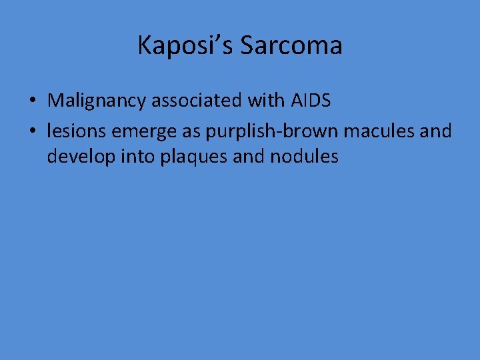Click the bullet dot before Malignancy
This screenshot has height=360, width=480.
(x=32, y=101)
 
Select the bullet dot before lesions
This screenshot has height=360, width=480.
(x=32, y=130)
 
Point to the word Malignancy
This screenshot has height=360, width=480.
(x=97, y=101)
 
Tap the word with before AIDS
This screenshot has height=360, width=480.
(x=267, y=101)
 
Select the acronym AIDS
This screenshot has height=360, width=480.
(x=311, y=101)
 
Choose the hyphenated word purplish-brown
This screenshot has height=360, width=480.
(x=273, y=131)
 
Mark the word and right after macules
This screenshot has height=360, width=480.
(x=437, y=130)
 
